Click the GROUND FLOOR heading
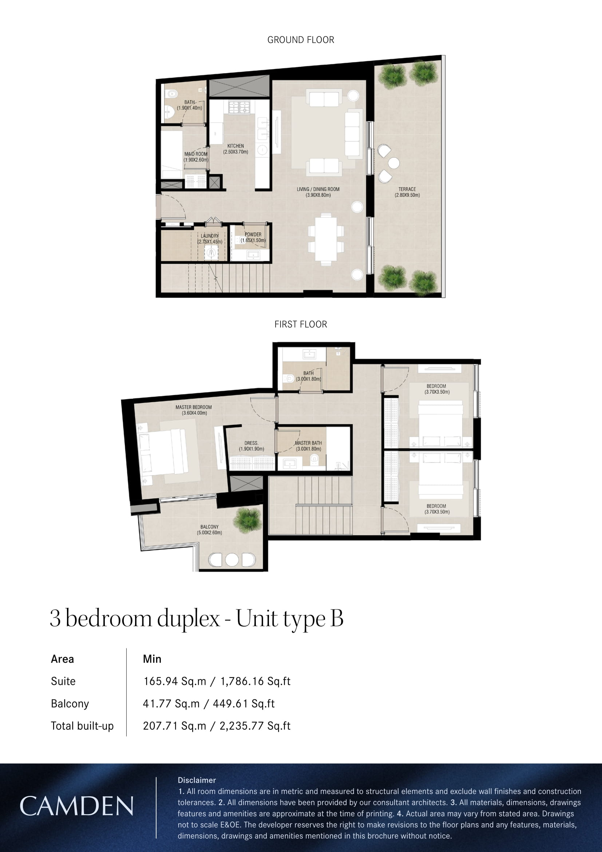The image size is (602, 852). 301,40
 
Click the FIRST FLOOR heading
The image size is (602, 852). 301,324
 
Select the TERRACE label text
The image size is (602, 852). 407,192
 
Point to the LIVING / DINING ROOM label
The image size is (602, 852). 318,192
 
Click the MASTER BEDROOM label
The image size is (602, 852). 194,410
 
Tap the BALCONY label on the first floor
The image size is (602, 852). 209,530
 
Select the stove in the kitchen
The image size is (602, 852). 239,107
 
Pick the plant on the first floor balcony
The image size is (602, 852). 247,521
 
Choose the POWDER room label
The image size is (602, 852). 253,237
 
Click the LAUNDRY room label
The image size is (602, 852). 210,239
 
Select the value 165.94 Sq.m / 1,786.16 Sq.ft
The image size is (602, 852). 217,681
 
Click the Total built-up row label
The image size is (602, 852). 82,726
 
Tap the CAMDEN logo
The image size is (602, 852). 76,806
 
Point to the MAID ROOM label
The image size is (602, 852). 196,157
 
